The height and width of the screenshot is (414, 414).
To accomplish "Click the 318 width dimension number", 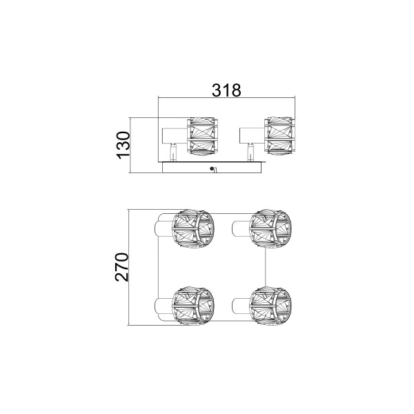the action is coord(226,90).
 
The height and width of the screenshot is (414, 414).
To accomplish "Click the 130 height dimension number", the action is coord(124,145).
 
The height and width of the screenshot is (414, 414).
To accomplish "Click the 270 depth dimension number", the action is coord(122,267).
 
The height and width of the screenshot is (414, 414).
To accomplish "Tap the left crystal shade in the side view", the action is coord(202,138).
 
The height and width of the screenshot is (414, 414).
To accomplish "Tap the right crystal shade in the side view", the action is coord(279,137).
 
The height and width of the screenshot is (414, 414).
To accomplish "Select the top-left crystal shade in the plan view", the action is coord(193,229).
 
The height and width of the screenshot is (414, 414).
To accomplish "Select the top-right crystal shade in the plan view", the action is coord(270,228).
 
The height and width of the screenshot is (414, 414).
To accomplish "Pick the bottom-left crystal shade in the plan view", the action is coord(193,306).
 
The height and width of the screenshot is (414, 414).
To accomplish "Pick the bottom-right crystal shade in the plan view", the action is coord(270,306).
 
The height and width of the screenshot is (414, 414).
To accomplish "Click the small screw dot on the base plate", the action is coord(211,168).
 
